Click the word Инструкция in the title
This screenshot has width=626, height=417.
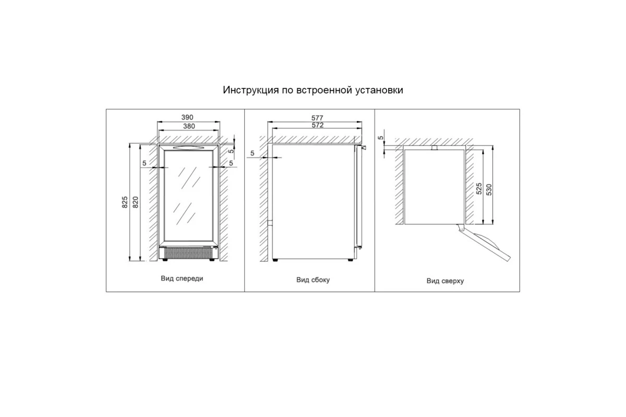pos(251,90)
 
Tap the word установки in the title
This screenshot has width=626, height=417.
pos(379,90)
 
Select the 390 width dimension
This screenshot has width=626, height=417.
pos(187,117)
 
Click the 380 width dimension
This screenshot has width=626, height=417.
pos(189,126)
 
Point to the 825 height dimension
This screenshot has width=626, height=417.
pos(125,202)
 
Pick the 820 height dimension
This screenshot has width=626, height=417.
pos(136,202)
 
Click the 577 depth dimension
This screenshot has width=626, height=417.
pos(317,118)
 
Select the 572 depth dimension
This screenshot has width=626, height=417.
pos(318,125)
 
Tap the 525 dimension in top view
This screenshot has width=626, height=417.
pos(479,189)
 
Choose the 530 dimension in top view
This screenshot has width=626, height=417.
pos(489,190)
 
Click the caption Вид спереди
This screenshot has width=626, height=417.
pos(182,278)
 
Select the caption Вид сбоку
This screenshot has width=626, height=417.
pos(313,280)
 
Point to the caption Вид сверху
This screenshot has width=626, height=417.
pos(445,281)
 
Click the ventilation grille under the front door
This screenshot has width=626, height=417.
pos(188,253)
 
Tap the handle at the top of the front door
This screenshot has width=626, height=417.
pos(188,148)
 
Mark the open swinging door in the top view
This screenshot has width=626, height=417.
pos(484,243)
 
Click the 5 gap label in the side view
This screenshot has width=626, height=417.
pos(252,153)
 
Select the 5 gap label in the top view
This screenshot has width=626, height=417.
pos(381,138)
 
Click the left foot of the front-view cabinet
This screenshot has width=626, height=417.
pos(165,260)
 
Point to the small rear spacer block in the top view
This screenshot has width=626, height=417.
pos(434,148)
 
